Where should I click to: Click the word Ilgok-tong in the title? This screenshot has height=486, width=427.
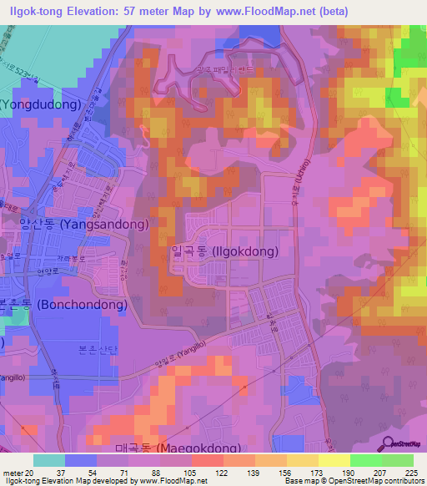click(x=38, y=11)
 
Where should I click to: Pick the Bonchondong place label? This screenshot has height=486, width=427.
click(x=63, y=305)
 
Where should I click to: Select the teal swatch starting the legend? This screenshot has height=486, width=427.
click(x=48, y=459)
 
